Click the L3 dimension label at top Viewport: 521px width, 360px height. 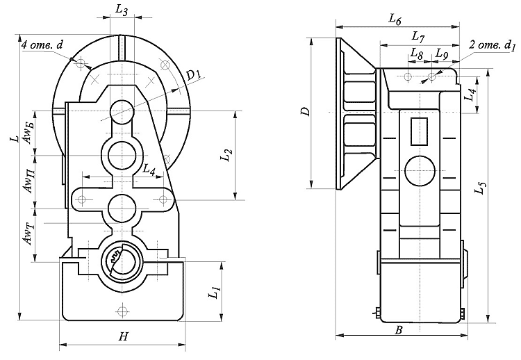pyautogui.click(x=122, y=10)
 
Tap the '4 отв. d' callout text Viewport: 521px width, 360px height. pyautogui.click(x=42, y=45)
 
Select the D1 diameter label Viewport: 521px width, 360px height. pyautogui.click(x=192, y=76)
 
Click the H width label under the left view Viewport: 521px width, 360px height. pyautogui.click(x=123, y=337)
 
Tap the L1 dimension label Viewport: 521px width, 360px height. pyautogui.click(x=215, y=291)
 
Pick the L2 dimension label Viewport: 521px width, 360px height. pyautogui.click(x=226, y=155)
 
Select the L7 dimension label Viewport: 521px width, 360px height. pyautogui.click(x=418, y=37)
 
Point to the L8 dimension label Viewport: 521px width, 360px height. pyautogui.click(x=416, y=54)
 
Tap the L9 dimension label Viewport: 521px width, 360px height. pyautogui.click(x=442, y=54)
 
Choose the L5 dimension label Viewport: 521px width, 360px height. pyautogui.click(x=481, y=188)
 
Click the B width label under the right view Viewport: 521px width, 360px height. pyautogui.click(x=399, y=330)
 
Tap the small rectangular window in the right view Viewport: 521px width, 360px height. pyautogui.click(x=419, y=131)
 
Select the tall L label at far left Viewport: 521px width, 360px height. pyautogui.click(x=15, y=138)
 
